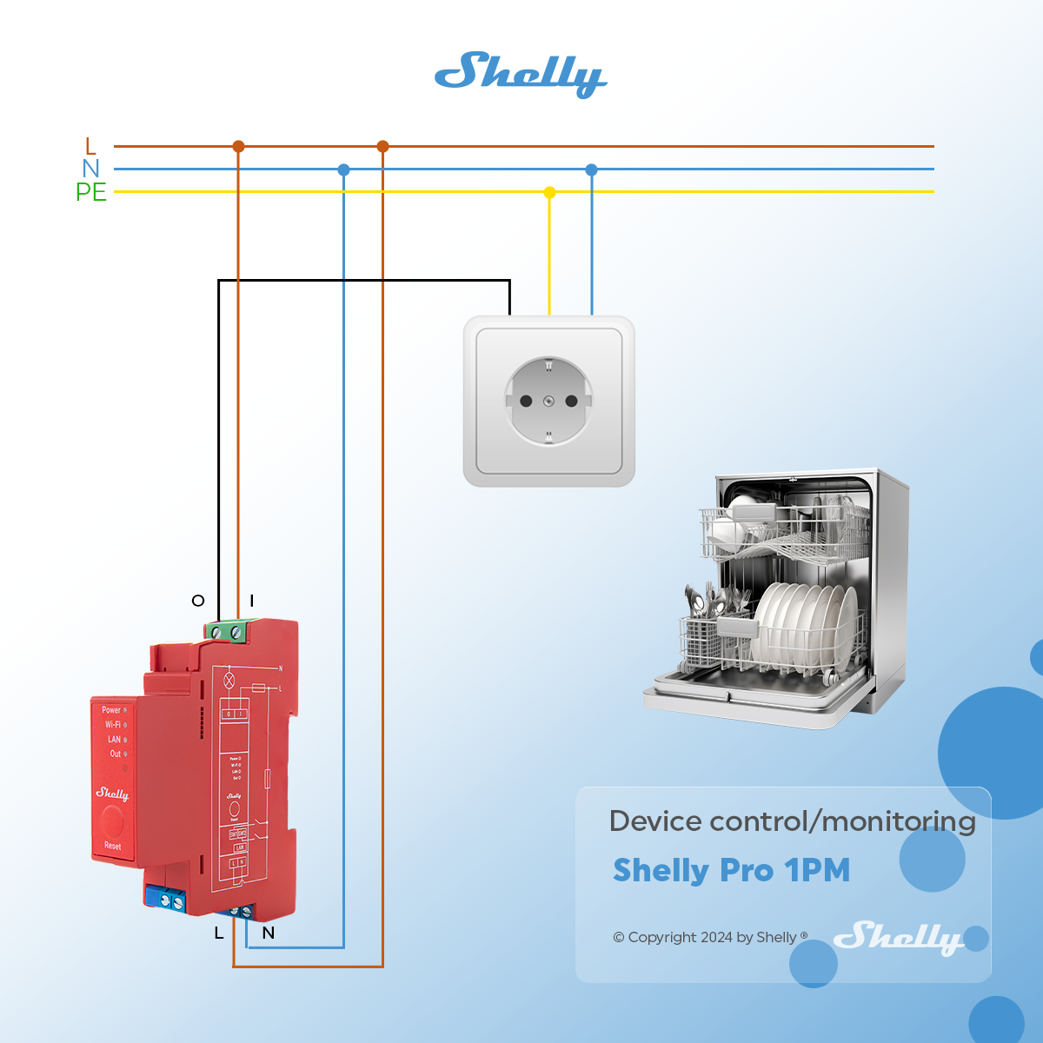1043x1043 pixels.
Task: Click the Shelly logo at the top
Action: point(520,74)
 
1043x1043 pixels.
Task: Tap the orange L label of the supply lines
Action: point(90,146)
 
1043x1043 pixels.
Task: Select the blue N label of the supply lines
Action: point(90,169)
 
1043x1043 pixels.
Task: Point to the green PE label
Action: point(90,192)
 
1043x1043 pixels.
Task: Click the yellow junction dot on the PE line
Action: point(549,192)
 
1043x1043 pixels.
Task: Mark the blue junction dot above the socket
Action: point(591,169)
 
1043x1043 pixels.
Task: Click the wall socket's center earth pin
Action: point(548,401)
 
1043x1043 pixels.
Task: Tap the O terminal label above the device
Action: point(198,601)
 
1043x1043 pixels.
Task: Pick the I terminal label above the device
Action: point(252,601)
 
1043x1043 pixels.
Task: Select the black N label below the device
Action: point(269,933)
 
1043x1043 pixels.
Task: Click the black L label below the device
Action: point(219,933)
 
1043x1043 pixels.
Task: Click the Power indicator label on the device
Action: point(111,710)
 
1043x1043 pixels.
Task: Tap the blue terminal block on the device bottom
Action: point(167,900)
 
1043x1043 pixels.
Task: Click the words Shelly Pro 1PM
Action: point(731,870)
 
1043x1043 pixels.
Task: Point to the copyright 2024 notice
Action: point(709,937)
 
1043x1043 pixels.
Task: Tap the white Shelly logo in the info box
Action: point(898,937)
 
